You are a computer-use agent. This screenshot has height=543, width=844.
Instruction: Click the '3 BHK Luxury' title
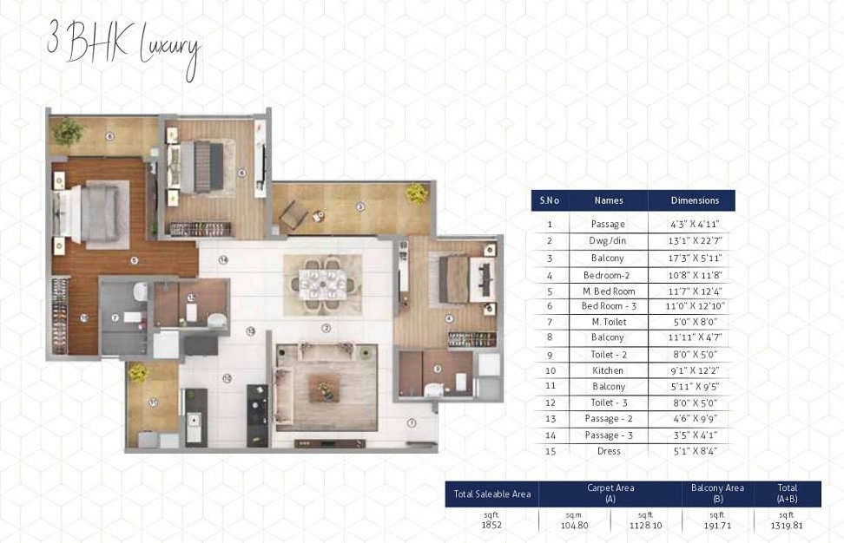click(123, 47)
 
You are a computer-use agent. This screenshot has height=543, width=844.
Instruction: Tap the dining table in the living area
click(323, 283)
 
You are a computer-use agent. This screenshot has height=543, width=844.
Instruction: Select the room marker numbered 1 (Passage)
click(412, 423)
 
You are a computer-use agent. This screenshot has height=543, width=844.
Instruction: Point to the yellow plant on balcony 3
click(417, 193)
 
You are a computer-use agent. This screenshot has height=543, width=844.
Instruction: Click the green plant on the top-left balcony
click(67, 131)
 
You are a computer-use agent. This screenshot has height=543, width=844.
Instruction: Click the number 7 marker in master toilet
click(114, 318)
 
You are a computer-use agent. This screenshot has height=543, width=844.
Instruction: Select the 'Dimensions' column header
click(695, 200)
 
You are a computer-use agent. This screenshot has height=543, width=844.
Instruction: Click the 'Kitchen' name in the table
click(609, 370)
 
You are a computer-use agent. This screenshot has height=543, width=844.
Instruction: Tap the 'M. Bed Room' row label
click(609, 291)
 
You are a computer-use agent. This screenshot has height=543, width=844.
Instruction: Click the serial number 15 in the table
click(549, 451)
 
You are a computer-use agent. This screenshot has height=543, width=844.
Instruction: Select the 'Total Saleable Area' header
click(491, 494)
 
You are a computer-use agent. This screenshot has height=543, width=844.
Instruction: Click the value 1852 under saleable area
click(491, 524)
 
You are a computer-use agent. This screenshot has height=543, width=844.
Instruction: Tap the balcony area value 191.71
click(718, 524)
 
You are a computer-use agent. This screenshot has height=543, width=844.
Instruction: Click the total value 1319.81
click(788, 524)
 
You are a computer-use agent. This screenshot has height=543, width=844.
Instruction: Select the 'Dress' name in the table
click(609, 451)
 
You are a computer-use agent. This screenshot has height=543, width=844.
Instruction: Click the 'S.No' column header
click(549, 200)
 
